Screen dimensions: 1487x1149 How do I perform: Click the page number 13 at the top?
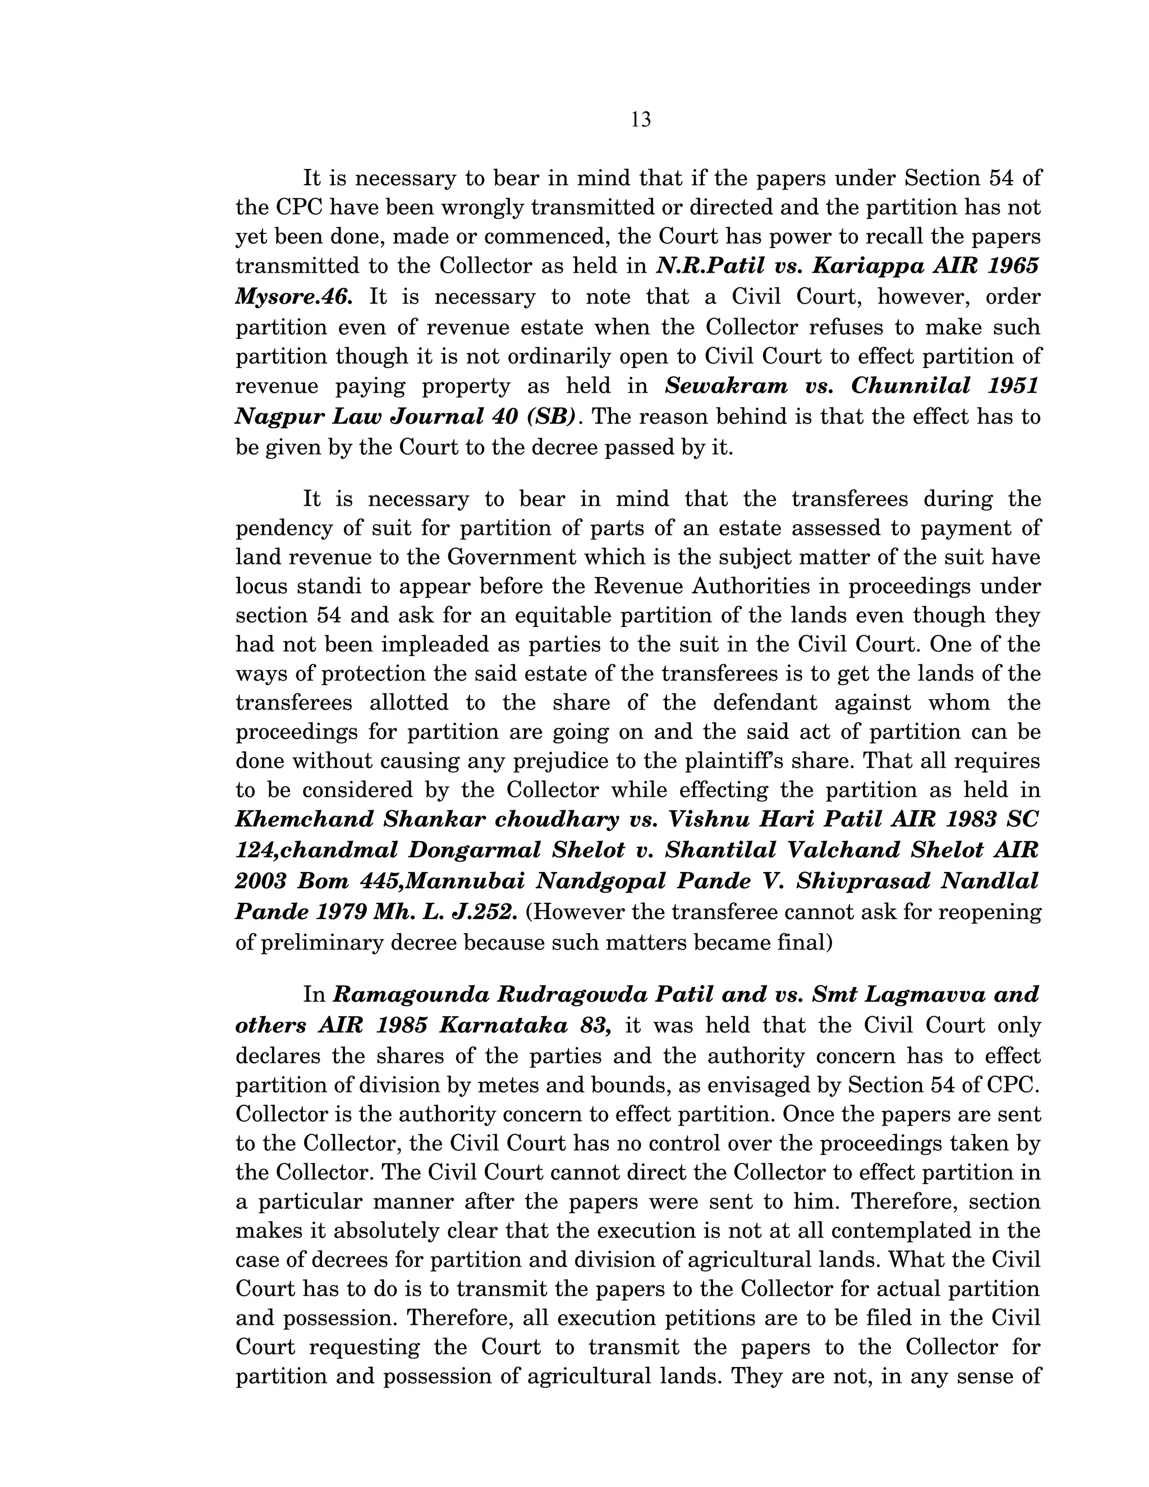641,120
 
